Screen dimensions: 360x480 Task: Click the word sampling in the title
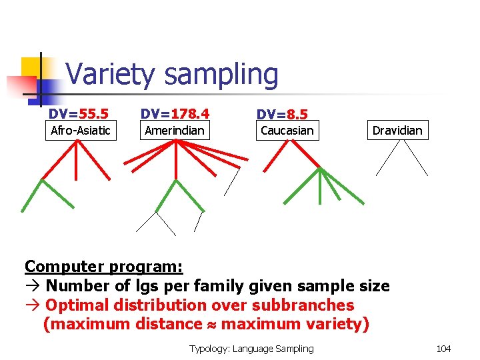(x=222, y=75)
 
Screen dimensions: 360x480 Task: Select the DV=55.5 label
(x=79, y=114)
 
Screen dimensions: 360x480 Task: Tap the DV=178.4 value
(x=175, y=114)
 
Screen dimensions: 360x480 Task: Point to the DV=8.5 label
(x=282, y=115)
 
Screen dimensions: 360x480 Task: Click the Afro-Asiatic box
(x=81, y=130)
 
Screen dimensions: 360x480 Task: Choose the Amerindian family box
(x=175, y=130)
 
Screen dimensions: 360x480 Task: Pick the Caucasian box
(x=287, y=130)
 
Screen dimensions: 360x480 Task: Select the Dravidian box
(x=397, y=130)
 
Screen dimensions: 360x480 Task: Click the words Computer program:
(x=103, y=267)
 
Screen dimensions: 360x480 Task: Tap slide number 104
(x=443, y=349)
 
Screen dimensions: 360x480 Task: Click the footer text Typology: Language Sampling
(x=251, y=349)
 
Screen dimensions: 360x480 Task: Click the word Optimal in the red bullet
(x=73, y=305)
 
